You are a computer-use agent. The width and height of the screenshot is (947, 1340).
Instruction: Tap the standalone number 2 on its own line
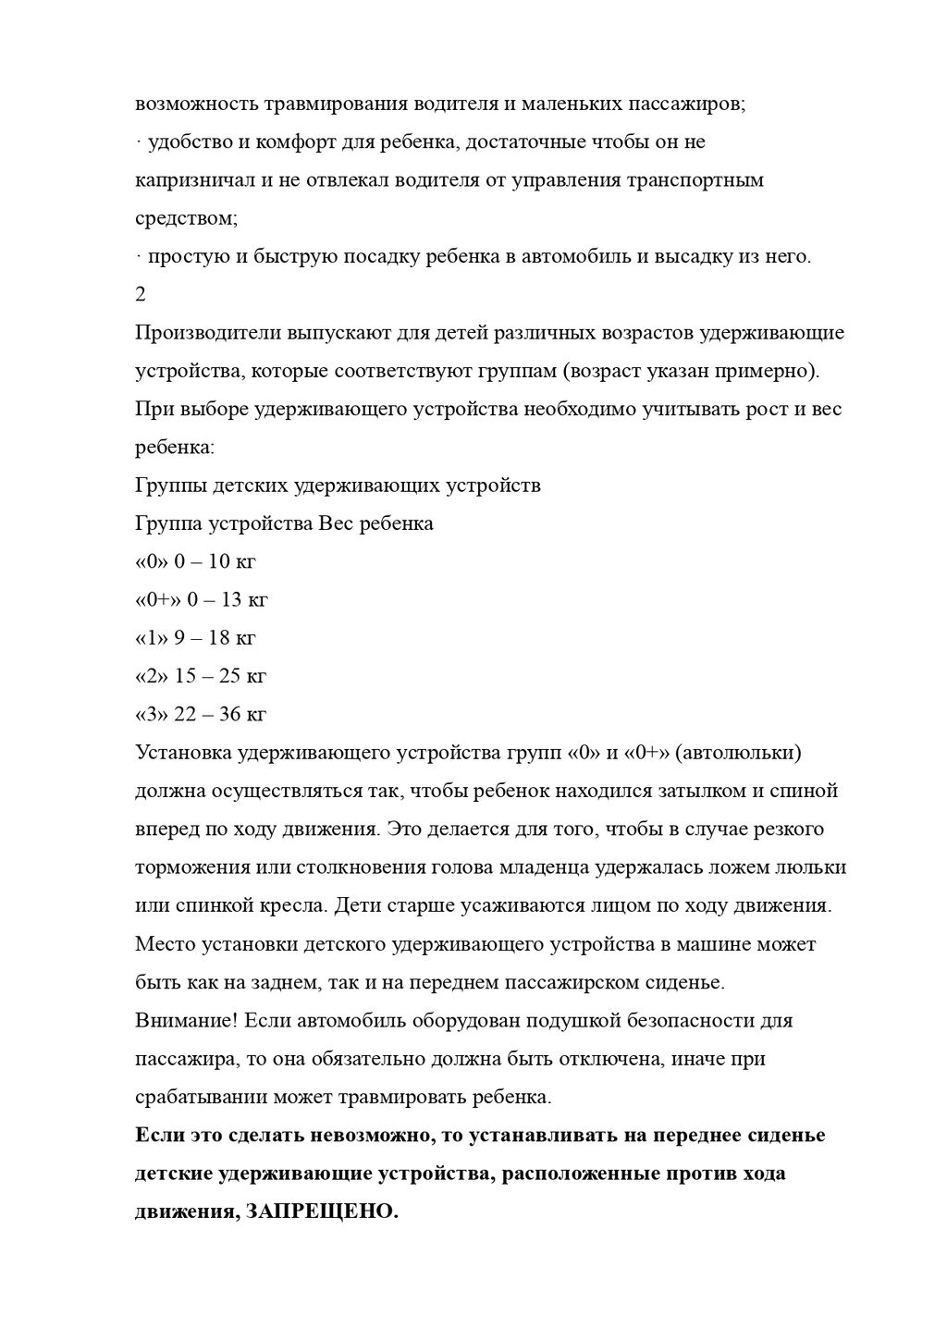(141, 294)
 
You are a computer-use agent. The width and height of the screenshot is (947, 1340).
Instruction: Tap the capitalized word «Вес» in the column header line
(334, 523)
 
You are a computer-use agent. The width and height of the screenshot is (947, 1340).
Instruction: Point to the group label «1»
(152, 637)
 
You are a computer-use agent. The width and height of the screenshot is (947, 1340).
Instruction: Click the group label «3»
(152, 714)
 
